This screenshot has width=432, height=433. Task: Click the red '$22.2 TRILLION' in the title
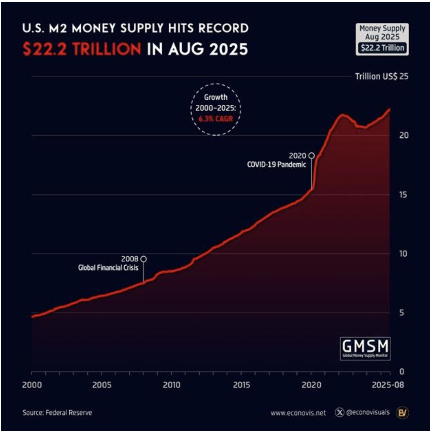82,49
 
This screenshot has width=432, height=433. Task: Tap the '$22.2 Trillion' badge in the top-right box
382,48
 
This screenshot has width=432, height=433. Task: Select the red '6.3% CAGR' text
216,119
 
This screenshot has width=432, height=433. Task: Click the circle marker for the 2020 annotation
312,156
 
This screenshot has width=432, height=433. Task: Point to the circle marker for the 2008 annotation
144,259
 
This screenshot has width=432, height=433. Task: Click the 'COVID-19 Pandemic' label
277,165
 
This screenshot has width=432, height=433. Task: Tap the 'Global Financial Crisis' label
108,268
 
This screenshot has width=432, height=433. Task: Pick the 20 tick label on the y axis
404,135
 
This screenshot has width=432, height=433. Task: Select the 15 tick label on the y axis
403,195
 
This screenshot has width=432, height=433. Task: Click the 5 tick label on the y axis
402,313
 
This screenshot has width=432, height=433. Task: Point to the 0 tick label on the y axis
402,372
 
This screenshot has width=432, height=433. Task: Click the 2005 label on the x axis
102,385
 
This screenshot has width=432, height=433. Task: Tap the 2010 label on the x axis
172,385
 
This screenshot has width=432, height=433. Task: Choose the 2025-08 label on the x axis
388,385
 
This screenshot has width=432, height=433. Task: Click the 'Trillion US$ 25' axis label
382,77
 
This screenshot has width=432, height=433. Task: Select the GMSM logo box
365,348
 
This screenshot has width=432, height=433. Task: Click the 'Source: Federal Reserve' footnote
57,413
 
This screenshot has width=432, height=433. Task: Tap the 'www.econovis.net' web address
298,413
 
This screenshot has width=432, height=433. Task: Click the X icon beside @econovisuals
340,412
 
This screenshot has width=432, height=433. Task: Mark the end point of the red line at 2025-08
390,109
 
